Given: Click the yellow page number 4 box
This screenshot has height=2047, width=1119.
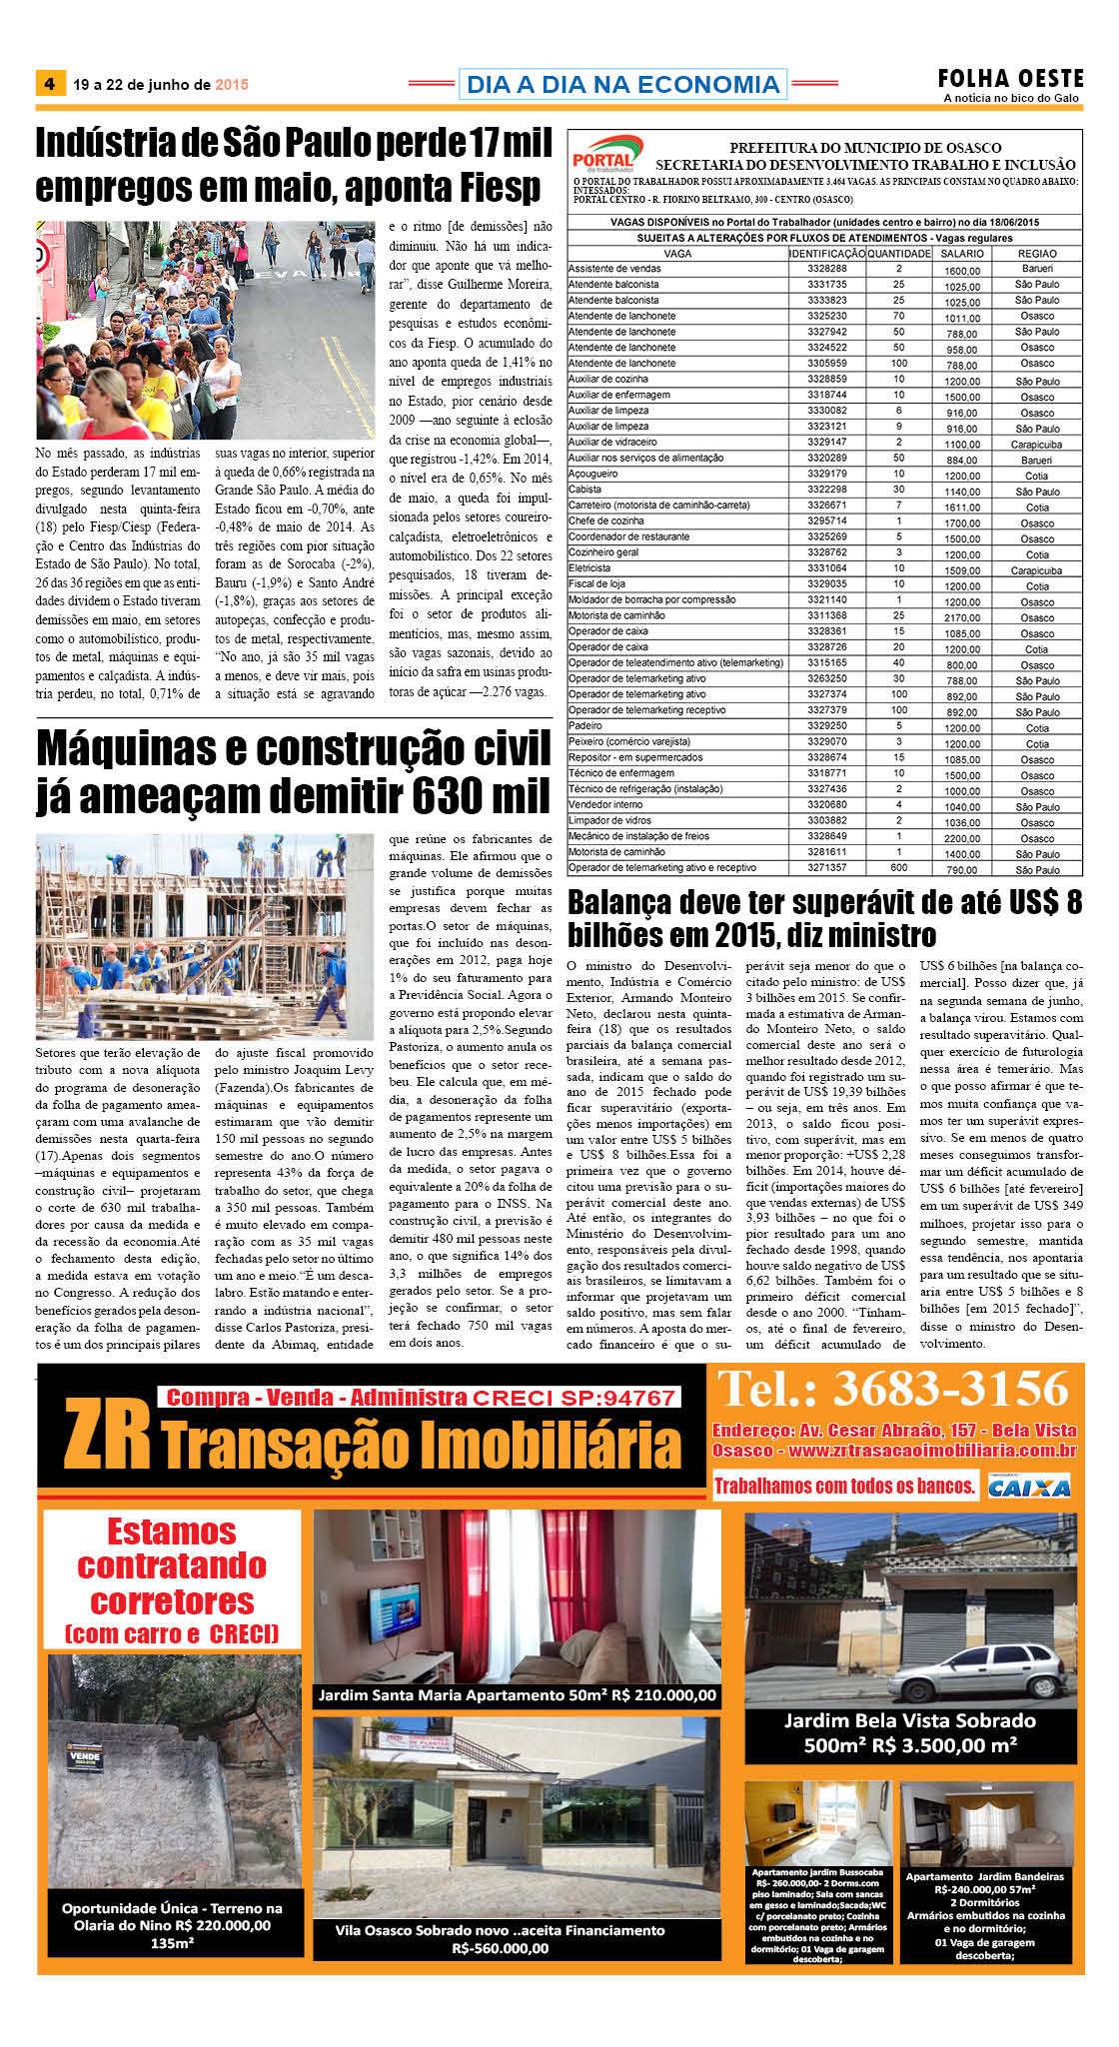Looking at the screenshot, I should (50, 84).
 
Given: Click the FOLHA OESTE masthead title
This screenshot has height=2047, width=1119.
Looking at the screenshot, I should (1010, 78).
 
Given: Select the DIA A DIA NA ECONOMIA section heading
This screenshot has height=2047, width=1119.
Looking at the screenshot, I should (622, 84).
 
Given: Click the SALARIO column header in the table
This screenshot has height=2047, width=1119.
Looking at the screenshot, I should (962, 254).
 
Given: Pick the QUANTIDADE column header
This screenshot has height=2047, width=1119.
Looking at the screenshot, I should (898, 254).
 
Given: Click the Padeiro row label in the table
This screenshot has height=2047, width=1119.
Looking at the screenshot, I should (585, 726).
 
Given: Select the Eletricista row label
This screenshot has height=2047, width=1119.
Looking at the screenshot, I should (589, 568).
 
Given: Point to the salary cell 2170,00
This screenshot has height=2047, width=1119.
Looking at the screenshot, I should (962, 617).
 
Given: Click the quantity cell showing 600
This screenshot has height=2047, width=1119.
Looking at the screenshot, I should (898, 868).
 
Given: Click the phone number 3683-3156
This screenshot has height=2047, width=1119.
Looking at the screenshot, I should (950, 1390).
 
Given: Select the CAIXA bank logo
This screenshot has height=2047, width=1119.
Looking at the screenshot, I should (1029, 1488).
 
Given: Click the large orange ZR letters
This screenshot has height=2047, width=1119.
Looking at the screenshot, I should (107, 1436).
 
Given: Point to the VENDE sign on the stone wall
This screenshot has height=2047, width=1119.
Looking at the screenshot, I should (85, 1754).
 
